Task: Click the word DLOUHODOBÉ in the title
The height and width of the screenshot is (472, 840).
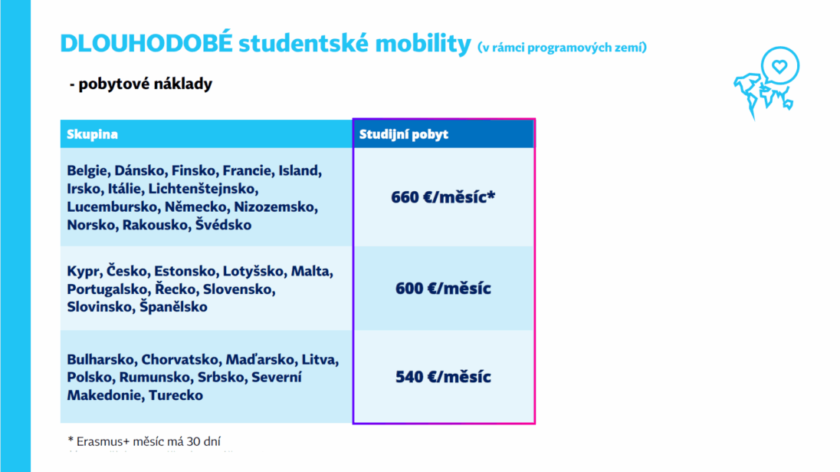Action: [x=146, y=45]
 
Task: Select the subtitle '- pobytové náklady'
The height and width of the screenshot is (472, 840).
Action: [x=140, y=84]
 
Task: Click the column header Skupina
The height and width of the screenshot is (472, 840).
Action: [x=92, y=134]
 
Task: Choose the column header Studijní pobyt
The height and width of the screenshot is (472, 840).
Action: [x=404, y=134]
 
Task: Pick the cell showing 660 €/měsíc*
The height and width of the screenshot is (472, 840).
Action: [x=443, y=197]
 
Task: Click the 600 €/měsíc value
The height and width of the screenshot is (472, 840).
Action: [x=443, y=289]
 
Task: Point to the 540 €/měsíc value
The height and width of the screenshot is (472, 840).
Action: [x=443, y=377]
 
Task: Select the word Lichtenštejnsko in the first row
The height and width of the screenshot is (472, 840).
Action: [x=203, y=189]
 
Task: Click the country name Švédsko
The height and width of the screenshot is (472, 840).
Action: [x=223, y=226]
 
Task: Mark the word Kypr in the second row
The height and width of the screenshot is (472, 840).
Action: [x=84, y=271]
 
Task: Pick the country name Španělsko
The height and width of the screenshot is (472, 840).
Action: [x=173, y=307]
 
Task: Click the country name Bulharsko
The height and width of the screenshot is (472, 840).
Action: [x=100, y=359]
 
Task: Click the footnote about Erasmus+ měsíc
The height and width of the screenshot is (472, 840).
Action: [x=149, y=441]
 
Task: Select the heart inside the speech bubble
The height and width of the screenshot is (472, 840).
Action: [x=779, y=67]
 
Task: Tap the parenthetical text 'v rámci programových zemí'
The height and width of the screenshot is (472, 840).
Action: [x=562, y=48]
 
